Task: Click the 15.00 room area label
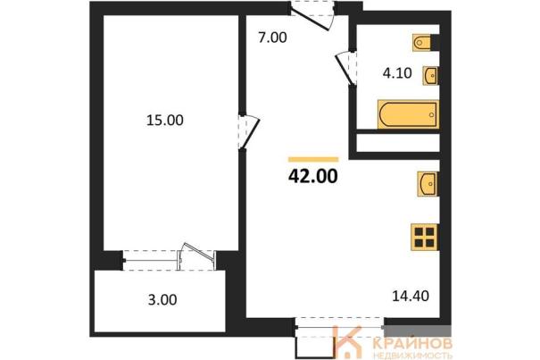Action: click(165, 121)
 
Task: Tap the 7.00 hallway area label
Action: click(272, 38)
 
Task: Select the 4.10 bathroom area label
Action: click(397, 73)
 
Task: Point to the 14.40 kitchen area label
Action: click(411, 296)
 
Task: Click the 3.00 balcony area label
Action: click(162, 299)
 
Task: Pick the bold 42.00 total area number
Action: click(313, 177)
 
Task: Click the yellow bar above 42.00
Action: click(313, 159)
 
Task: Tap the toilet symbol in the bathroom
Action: click(422, 43)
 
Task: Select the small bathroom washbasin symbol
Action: click(430, 76)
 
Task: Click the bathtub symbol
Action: click(409, 115)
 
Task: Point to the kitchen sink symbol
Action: click(428, 184)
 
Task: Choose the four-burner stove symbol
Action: click(425, 238)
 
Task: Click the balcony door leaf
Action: click(197, 251)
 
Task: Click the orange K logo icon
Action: click(348, 342)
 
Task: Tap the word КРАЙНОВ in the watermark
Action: click(412, 343)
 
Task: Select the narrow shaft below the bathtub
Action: click(398, 142)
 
